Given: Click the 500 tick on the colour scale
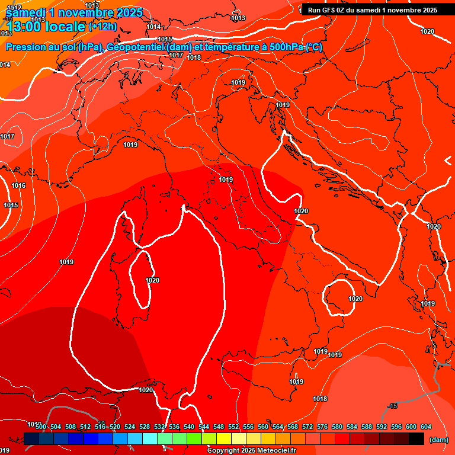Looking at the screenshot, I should pos(41,427).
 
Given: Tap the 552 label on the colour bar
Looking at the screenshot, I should pos(233,427).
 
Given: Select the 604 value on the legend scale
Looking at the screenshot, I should pos(425,427).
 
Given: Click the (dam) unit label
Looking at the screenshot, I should pos(438,439).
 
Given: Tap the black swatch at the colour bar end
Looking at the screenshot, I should pos(416,439).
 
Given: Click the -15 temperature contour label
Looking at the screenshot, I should pos(392,406).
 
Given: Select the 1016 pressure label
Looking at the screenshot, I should pos(18,185).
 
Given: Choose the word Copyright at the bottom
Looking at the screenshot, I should pos(223,451).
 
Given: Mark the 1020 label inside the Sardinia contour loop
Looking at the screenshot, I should pos(152,280).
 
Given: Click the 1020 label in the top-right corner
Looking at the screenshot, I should pos(427,31).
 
